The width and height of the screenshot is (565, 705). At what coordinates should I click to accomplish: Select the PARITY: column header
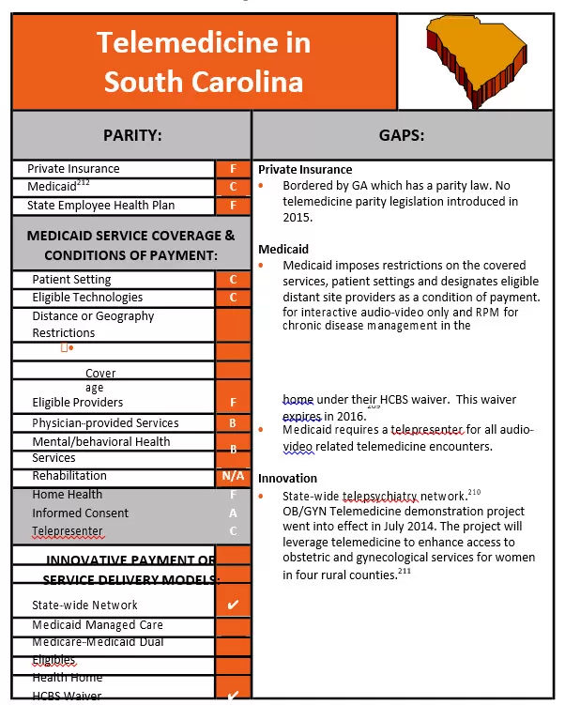click(131, 135)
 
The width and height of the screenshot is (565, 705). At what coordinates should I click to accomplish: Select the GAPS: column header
click(402, 135)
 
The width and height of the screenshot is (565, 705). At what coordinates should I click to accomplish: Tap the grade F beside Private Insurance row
click(233, 169)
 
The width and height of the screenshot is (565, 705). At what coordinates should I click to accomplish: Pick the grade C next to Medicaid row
click(233, 187)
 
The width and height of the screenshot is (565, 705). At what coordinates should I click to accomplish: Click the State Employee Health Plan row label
click(100, 206)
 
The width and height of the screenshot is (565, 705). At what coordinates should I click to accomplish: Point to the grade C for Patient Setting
click(233, 280)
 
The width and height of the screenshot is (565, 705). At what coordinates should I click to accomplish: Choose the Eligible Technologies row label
click(87, 298)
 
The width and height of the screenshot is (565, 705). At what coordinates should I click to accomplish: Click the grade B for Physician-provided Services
click(233, 423)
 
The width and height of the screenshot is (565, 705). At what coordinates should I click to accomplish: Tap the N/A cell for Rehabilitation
click(233, 476)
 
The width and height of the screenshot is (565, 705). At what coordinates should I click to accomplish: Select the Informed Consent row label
click(81, 513)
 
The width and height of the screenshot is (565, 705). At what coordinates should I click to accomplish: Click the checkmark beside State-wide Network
click(233, 605)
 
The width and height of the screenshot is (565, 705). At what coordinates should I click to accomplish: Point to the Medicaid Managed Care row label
click(98, 625)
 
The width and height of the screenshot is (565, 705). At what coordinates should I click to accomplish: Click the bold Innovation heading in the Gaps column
click(287, 479)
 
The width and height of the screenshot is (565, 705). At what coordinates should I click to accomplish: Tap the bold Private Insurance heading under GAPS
click(305, 170)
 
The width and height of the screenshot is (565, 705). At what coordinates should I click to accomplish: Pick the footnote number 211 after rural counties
click(404, 572)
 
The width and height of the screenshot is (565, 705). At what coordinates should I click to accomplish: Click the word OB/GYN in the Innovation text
click(304, 512)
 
